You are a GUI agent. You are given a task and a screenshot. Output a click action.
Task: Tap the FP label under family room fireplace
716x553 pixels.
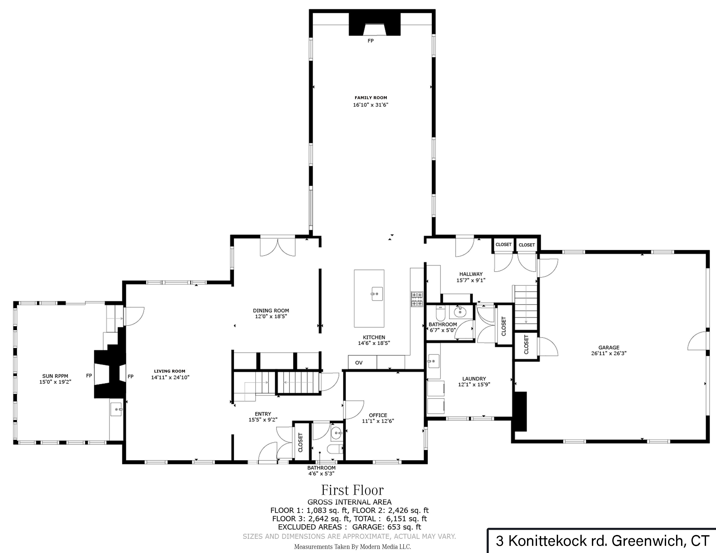coord(370,41)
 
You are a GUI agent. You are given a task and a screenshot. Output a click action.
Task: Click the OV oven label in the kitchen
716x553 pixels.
coord(359,363)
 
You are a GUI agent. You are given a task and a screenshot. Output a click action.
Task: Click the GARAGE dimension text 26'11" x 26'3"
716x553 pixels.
coord(609,353)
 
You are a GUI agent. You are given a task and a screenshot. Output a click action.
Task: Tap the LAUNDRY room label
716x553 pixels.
coord(474,378)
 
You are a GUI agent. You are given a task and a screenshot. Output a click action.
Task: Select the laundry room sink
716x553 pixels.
coord(433,361)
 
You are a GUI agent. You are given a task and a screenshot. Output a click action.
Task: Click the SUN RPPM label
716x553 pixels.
coord(55,376)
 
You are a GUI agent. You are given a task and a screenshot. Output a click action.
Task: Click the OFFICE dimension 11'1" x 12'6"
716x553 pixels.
coord(378,421)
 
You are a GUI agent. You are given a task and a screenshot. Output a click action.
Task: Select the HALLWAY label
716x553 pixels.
coord(471,274)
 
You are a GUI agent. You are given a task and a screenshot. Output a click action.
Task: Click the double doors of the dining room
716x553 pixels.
coord(278,247)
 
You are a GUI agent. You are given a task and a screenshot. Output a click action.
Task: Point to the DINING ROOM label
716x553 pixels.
coord(271,310)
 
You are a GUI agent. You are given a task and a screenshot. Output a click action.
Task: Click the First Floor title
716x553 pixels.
coord(352,490)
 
